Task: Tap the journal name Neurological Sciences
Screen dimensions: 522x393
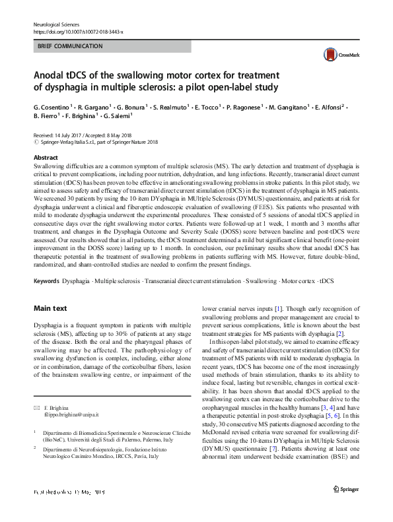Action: tap(56, 24)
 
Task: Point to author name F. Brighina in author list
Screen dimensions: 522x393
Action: tap(80, 116)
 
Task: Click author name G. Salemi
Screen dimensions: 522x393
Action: tap(119, 116)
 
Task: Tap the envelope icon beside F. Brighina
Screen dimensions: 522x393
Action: tap(36, 408)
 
